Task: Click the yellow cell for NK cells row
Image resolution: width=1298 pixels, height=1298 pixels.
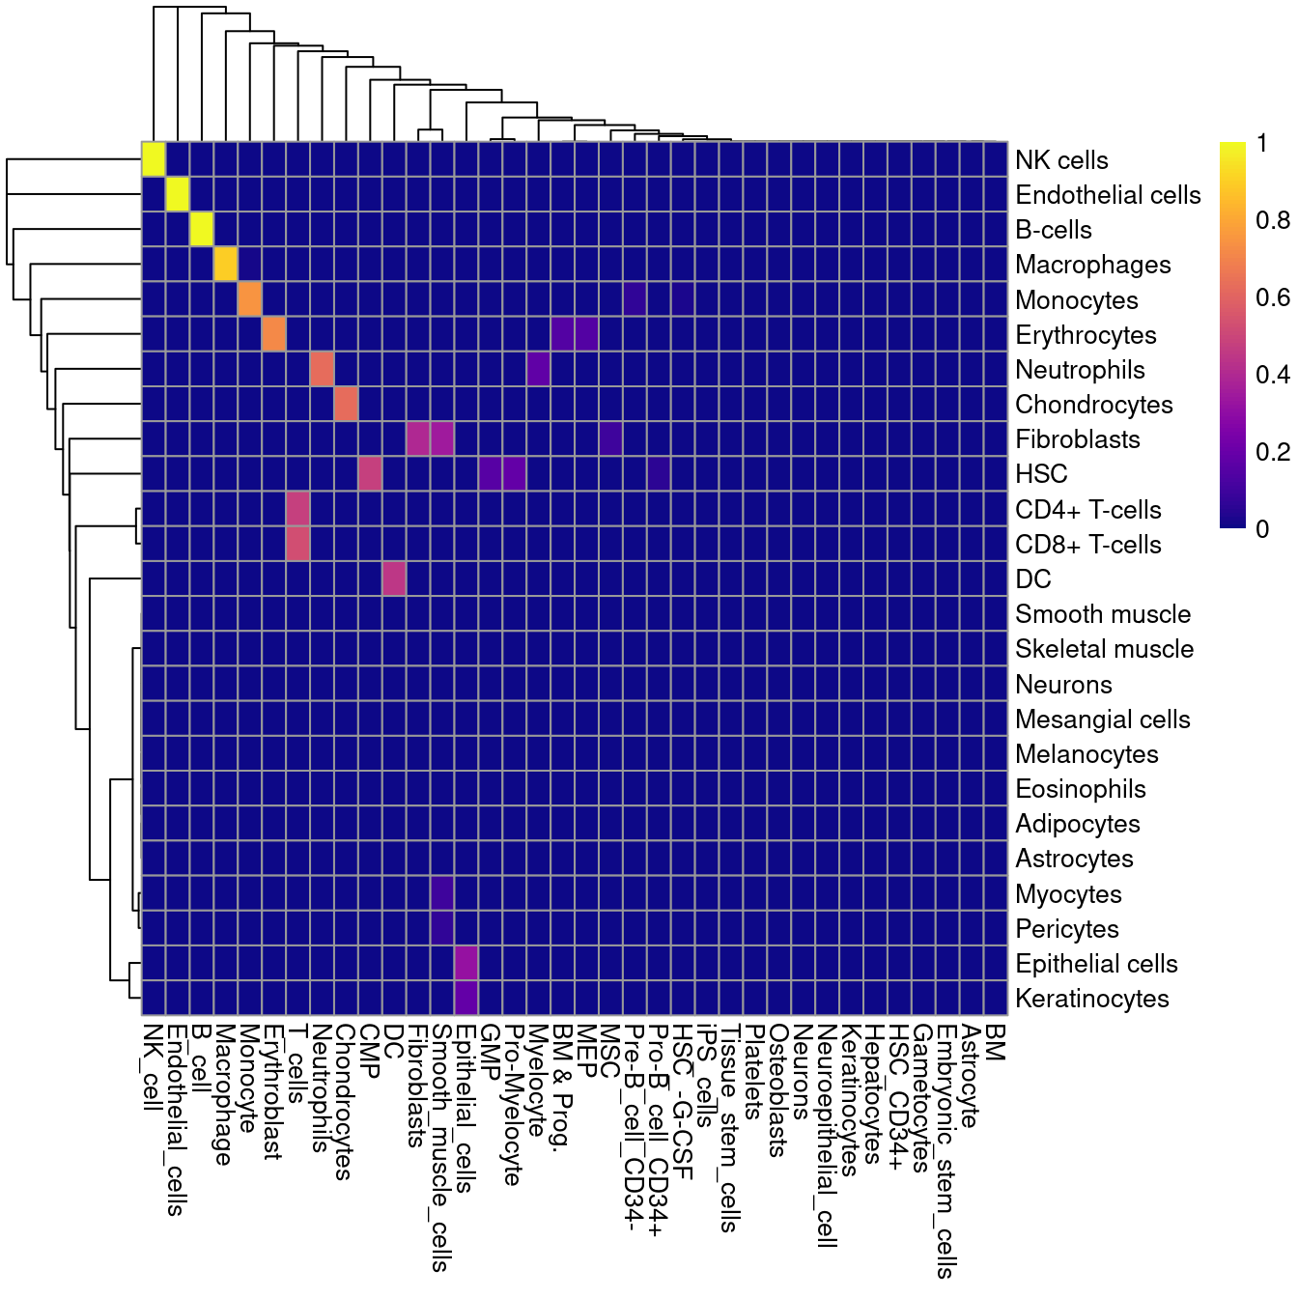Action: click(154, 159)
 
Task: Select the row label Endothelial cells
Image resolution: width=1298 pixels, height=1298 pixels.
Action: click(1108, 195)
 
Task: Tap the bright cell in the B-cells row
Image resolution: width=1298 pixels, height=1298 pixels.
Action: click(202, 230)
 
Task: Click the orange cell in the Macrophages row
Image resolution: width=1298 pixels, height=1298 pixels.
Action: click(226, 265)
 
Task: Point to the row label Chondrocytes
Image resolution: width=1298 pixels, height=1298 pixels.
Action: click(1093, 405)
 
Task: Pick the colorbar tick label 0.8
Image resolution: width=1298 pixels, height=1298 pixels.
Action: click(1272, 221)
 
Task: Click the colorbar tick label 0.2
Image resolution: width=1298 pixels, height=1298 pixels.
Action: click(1272, 452)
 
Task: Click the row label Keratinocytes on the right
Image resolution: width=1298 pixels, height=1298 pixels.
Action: click(1091, 999)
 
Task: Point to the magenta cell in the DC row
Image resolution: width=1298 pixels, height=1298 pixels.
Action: click(394, 579)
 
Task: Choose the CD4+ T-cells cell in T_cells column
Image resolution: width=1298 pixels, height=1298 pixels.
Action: click(297, 509)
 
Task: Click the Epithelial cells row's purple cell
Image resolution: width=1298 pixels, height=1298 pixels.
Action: click(466, 963)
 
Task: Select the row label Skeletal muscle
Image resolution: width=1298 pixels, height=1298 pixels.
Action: click(1104, 649)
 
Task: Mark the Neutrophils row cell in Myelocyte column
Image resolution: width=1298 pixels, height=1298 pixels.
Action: click(539, 370)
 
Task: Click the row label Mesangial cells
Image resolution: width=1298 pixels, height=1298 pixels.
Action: click(1102, 720)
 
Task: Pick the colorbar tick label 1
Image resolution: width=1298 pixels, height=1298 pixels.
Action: click(1261, 144)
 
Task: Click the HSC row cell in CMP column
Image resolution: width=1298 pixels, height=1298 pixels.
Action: click(370, 474)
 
